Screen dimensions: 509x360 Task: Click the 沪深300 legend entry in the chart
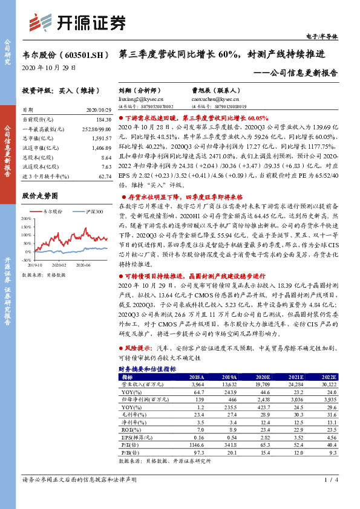94,212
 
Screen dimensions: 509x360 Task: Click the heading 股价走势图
40,196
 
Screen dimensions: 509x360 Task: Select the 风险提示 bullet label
138,349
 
